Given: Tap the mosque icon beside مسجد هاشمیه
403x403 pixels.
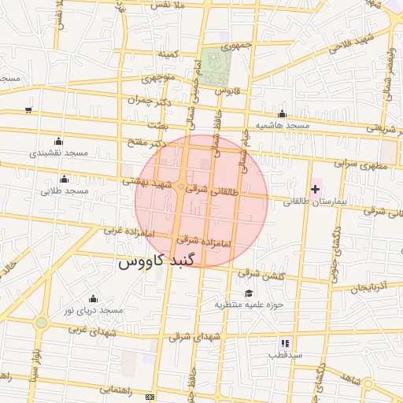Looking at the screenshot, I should pos(282,114).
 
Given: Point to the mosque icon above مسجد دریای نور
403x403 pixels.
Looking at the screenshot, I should pos(94,298).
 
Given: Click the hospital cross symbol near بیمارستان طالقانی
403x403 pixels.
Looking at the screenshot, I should pos(316,189).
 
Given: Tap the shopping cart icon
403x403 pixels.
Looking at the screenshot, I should pos(29,109).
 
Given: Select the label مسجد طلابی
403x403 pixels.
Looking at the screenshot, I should pos(63,190).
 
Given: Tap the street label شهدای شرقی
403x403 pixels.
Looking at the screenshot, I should pos(197,336).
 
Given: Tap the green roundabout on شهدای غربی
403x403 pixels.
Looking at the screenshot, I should pos(41,322).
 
